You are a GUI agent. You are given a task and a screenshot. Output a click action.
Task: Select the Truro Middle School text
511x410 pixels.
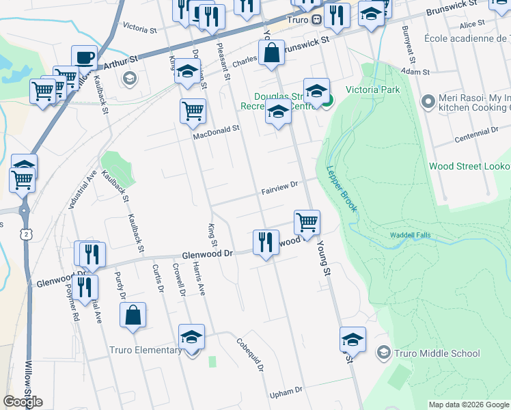pyautogui.click(x=437, y=353)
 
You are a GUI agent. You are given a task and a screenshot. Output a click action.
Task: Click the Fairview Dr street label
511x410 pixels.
pyautogui.click(x=280, y=186)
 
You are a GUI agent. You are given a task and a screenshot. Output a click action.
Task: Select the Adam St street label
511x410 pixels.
pyautogui.click(x=415, y=72)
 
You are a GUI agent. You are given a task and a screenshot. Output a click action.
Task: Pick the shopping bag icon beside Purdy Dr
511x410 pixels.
pyautogui.click(x=133, y=315)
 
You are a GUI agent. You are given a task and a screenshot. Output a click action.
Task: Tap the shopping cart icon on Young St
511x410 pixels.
pyautogui.click(x=307, y=222)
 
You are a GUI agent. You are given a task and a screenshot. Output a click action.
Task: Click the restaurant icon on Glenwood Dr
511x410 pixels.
pyautogui.click(x=264, y=242)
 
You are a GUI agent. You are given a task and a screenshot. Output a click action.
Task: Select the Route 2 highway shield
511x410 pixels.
pyautogui.click(x=25, y=234)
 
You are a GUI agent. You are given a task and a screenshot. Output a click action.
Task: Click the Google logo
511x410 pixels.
pyautogui.click(x=23, y=402)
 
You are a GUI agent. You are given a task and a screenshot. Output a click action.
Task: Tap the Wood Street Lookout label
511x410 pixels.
pyautogui.click(x=469, y=167)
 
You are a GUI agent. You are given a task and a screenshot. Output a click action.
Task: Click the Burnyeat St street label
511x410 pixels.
pyautogui.click(x=408, y=40)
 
